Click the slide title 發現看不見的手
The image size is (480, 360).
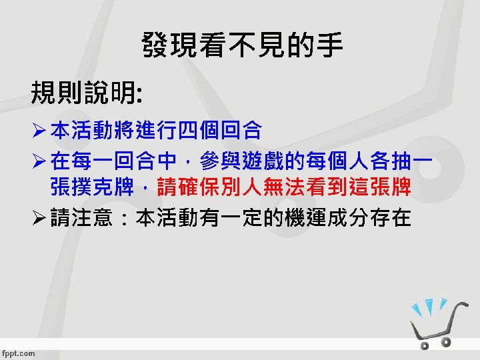[x=242, y=46]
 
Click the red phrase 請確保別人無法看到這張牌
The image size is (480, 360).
[x=283, y=188]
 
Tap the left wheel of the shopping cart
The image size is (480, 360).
[x=425, y=345]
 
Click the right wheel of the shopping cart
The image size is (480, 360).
[x=446, y=341]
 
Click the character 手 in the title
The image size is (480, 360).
[x=331, y=46]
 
